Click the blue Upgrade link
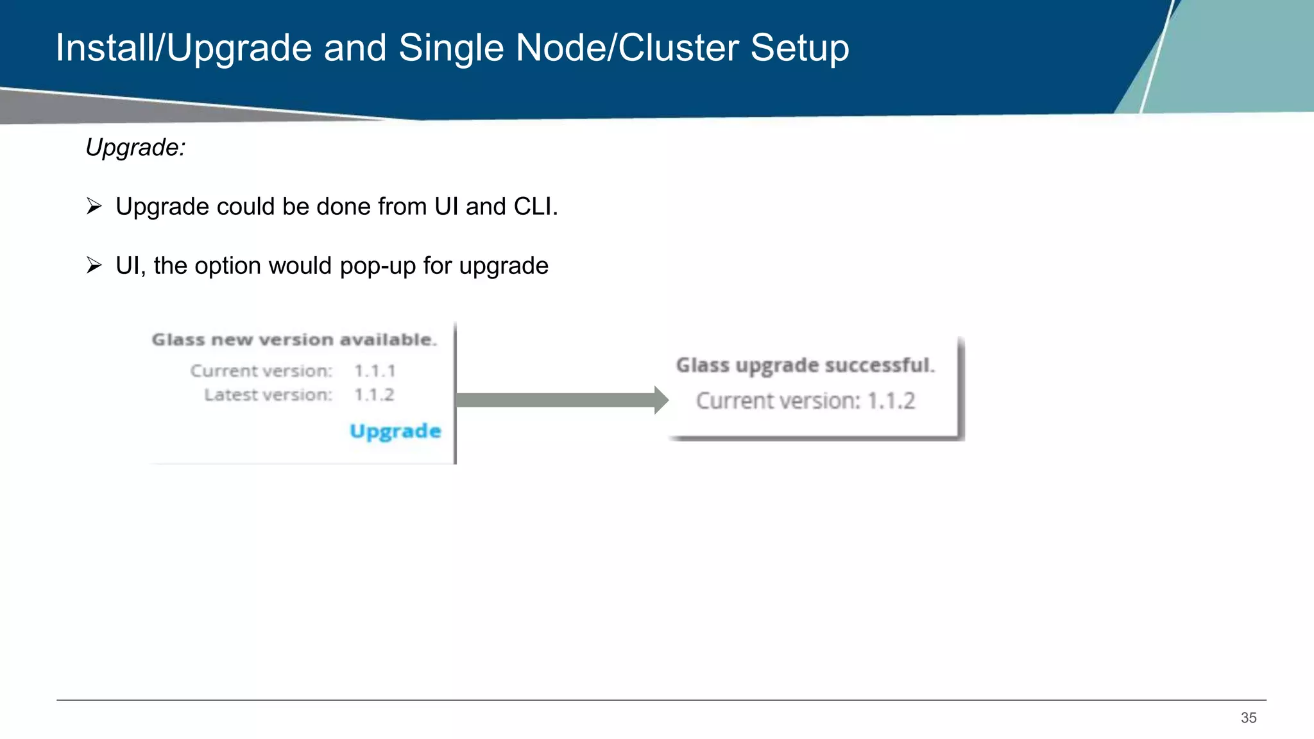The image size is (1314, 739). click(x=395, y=431)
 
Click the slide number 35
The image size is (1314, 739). click(x=1248, y=718)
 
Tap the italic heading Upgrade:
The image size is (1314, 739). click(x=135, y=148)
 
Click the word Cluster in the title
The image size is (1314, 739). click(x=678, y=48)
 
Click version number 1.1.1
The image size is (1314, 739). click(x=375, y=371)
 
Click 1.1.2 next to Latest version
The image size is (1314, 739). click(x=374, y=395)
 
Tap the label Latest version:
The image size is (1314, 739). click(x=268, y=395)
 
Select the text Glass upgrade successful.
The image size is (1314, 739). click(x=805, y=365)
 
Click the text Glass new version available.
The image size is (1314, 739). click(x=294, y=339)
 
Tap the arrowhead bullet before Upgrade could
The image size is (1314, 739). click(x=94, y=207)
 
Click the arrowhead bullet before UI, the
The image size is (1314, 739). click(x=94, y=266)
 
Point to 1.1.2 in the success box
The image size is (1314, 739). click(x=891, y=401)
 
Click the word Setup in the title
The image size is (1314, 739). click(x=799, y=48)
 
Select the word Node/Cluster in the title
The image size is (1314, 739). click(x=627, y=48)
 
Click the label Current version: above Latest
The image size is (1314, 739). click(x=261, y=371)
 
